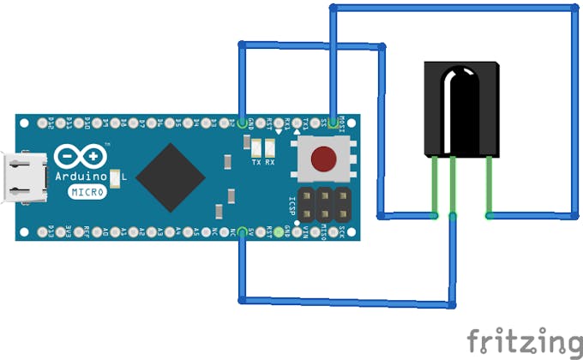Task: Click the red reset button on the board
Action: tap(323, 159)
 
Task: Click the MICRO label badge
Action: tap(87, 192)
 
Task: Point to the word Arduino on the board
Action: tap(81, 177)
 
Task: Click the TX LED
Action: tap(255, 147)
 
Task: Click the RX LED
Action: tap(270, 147)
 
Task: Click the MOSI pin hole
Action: tap(333, 122)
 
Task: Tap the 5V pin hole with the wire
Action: tap(242, 231)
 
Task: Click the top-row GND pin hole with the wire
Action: tap(242, 122)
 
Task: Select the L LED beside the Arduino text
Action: tap(112, 176)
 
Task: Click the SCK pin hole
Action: tap(351, 231)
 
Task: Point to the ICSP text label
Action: tap(291, 205)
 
